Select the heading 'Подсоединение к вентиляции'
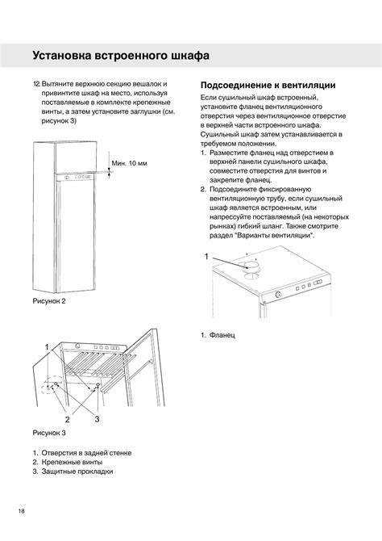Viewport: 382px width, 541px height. click(268, 85)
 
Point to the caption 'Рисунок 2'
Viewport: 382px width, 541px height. click(49, 301)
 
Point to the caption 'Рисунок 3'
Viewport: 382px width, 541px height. click(49, 433)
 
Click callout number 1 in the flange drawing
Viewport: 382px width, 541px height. click(206, 255)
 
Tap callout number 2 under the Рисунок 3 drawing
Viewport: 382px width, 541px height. click(68, 419)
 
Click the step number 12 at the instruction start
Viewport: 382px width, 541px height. click(36, 84)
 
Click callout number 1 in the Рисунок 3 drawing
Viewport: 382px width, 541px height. click(47, 346)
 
